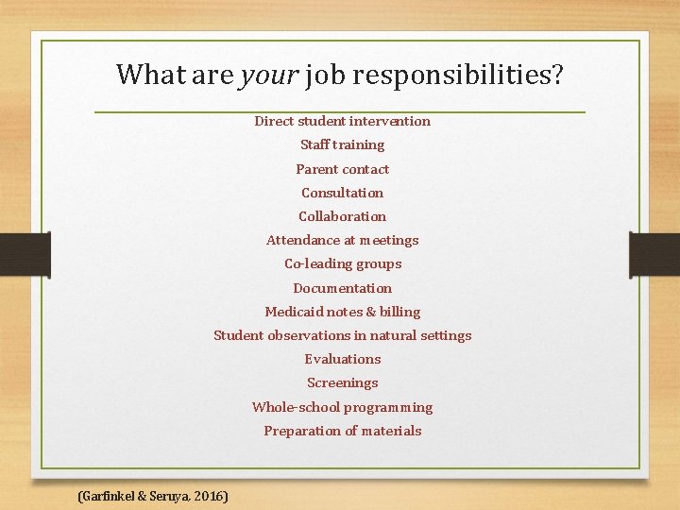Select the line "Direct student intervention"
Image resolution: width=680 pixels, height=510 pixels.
342,121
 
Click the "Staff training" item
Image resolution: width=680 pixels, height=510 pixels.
342,144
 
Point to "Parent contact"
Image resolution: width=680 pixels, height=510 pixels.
342,169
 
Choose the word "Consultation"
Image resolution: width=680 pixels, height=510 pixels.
342,193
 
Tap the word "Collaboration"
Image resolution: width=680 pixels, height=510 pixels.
342,216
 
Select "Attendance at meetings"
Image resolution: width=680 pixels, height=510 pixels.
342,240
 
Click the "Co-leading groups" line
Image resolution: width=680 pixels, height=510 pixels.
342,263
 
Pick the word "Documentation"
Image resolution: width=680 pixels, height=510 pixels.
342,288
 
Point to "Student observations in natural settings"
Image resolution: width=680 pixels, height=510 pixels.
342,335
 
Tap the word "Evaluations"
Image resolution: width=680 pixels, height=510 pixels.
342,359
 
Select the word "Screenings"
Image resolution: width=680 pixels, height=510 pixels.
342,382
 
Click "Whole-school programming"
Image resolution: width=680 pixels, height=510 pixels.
342,407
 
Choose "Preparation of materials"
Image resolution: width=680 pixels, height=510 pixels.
342,431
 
